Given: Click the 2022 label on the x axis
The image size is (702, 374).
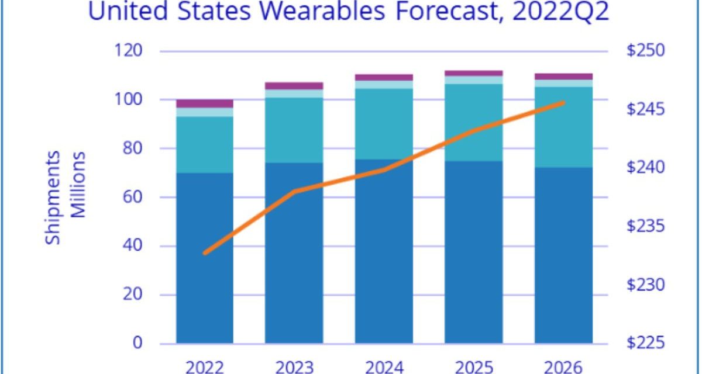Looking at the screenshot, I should click(x=204, y=367).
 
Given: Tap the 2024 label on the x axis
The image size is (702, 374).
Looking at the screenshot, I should click(x=384, y=367).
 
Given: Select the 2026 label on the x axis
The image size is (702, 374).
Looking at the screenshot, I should click(x=563, y=367).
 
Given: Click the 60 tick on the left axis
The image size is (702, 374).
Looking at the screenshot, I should click(x=133, y=198).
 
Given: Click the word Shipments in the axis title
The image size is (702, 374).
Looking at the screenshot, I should click(x=54, y=198).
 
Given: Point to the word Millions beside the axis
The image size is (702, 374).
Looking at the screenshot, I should click(x=78, y=185).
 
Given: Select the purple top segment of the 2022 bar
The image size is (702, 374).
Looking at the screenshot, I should click(x=205, y=103).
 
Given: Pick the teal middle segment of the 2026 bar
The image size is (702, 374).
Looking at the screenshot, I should click(x=563, y=127).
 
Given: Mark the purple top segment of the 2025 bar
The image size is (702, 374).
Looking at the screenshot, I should click(x=474, y=73).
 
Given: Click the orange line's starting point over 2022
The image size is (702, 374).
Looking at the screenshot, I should click(x=205, y=253).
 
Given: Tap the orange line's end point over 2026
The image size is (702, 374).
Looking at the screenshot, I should click(x=563, y=103).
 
